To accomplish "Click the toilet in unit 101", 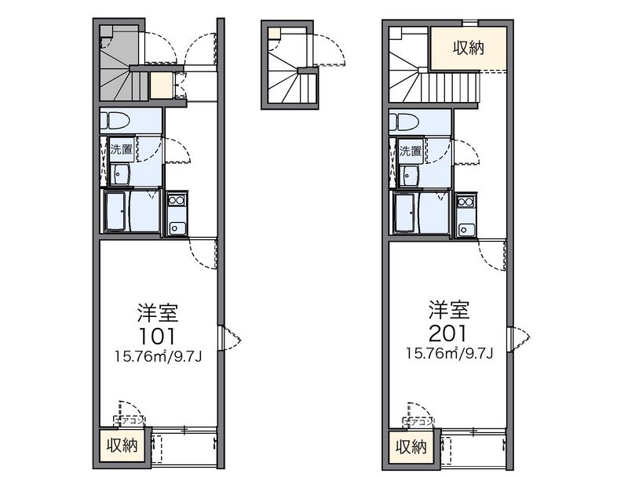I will click(115, 122).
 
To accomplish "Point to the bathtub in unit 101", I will click(116, 212).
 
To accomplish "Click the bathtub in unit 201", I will click(407, 212).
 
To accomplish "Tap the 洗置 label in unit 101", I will click(121, 149).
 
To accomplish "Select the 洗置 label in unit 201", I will click(411, 150).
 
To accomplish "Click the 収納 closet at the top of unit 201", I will click(467, 49).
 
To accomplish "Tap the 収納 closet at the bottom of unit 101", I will click(122, 446).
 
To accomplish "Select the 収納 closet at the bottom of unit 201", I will click(412, 448).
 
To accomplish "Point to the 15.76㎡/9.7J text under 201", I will click(449, 353).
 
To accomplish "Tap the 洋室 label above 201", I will click(449, 308).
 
